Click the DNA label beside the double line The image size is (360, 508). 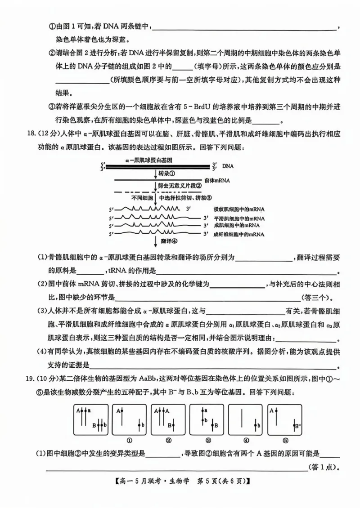point(228,166)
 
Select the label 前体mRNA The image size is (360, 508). point(217,180)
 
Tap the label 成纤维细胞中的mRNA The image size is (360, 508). point(239,234)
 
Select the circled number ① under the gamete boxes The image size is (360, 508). point(130,440)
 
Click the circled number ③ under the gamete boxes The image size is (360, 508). point(208,440)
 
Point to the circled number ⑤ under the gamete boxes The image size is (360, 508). point(285,440)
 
